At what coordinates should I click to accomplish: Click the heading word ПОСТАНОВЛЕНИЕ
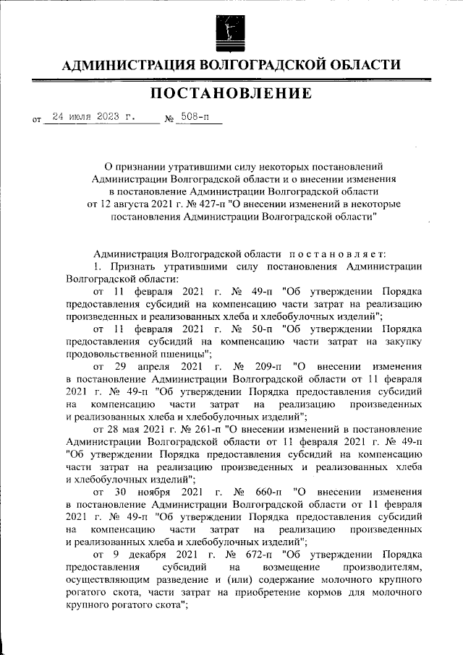[x=231, y=94]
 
